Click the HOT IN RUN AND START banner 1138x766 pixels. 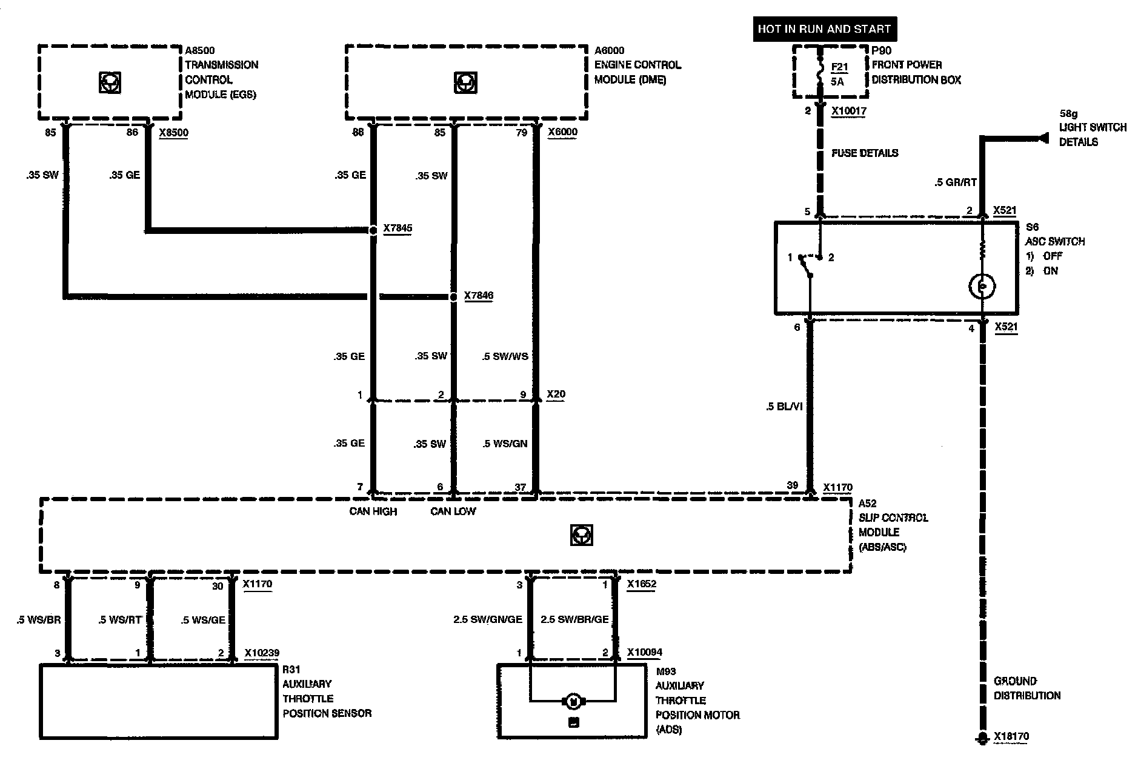pyautogui.click(x=824, y=28)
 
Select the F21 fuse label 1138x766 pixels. pyautogui.click(x=839, y=67)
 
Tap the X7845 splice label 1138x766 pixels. pyautogui.click(x=398, y=228)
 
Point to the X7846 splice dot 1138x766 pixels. pyautogui.click(x=453, y=297)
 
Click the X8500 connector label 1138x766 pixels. pyautogui.click(x=173, y=132)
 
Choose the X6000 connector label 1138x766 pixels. pyautogui.click(x=562, y=132)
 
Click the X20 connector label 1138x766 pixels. pyautogui.click(x=556, y=395)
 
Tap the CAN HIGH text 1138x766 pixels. pyautogui.click(x=373, y=511)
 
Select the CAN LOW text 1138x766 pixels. pyautogui.click(x=453, y=511)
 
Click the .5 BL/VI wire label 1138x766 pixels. pyautogui.click(x=784, y=407)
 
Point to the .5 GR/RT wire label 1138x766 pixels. pyautogui.click(x=956, y=182)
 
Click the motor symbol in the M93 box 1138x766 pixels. pyautogui.click(x=573, y=701)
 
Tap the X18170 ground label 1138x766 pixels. pyautogui.click(x=1011, y=737)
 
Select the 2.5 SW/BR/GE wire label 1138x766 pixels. pyautogui.click(x=574, y=619)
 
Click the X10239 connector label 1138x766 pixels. pyautogui.click(x=262, y=653)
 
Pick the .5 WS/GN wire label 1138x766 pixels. pyautogui.click(x=505, y=444)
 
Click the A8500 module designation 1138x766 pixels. pyautogui.click(x=200, y=50)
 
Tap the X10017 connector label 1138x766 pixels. pyautogui.click(x=849, y=112)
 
